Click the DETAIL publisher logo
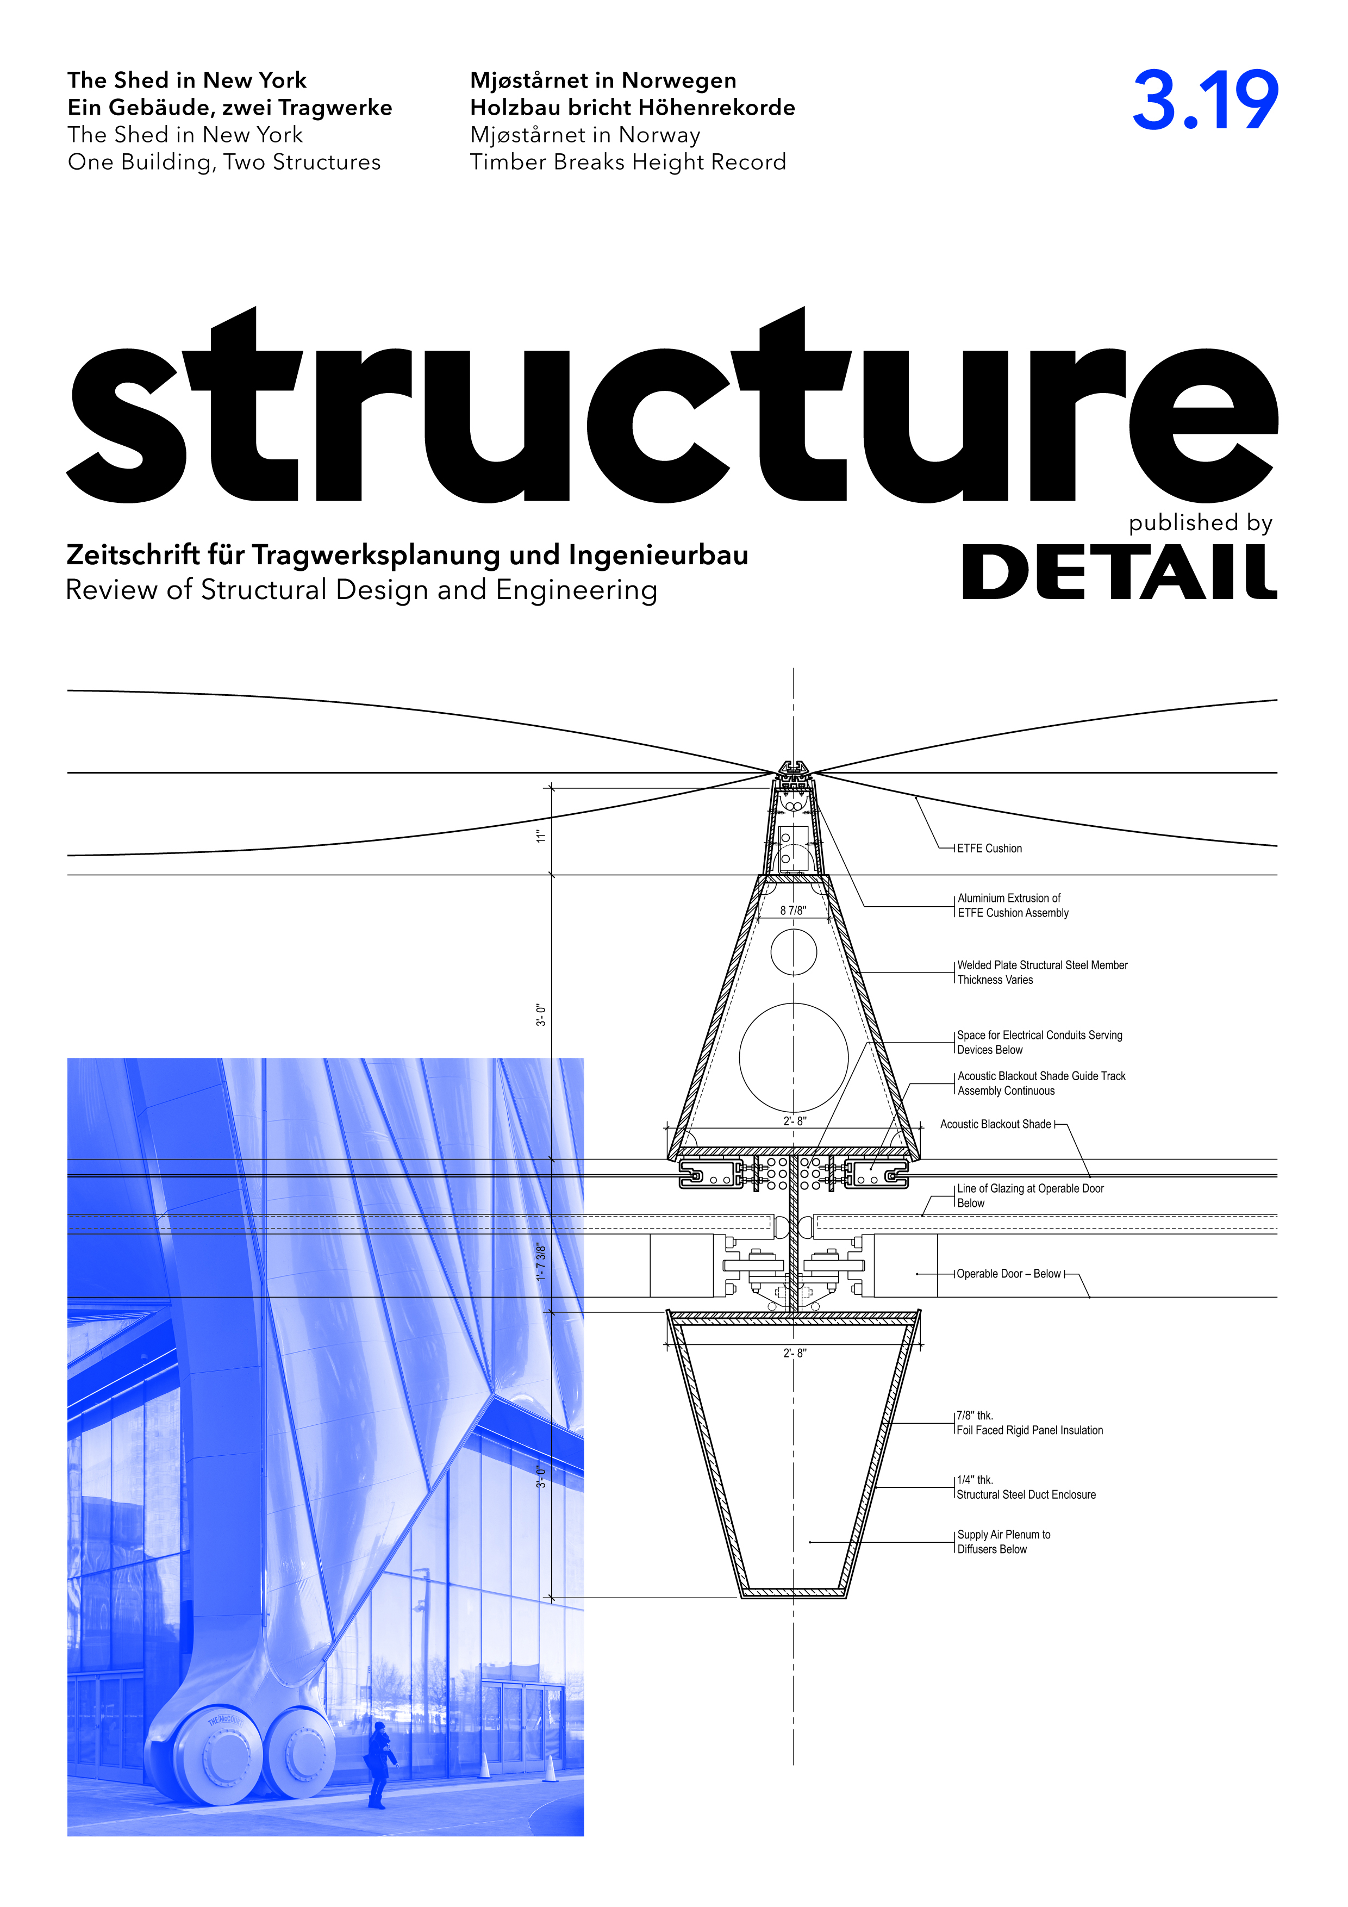coord(1120,572)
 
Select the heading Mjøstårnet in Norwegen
coord(603,80)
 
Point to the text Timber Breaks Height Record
coord(628,163)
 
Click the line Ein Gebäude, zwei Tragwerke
coord(230,108)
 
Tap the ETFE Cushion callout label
coord(989,848)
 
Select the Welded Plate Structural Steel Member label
coord(1043,973)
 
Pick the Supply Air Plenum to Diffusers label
coord(1003,1542)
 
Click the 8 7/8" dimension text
coord(793,911)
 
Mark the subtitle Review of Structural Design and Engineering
coord(361,590)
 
